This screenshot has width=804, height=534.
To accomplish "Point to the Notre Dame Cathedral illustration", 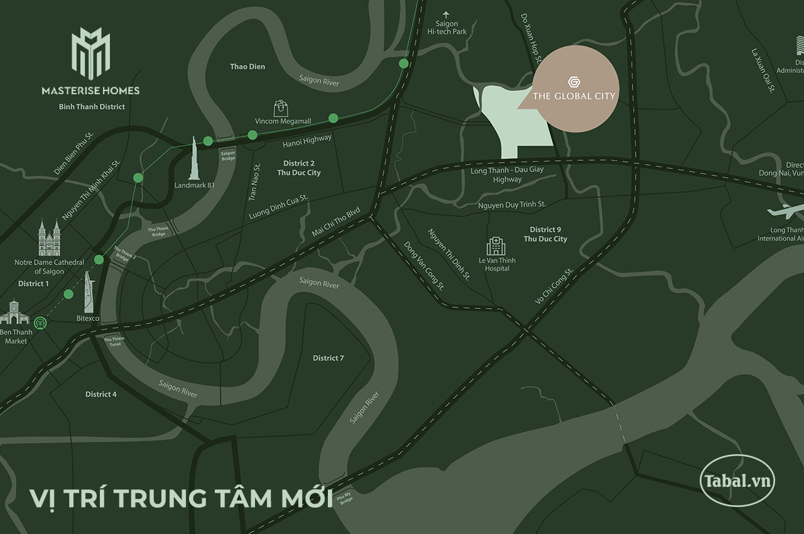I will (x=50, y=238).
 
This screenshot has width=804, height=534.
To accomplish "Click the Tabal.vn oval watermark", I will (x=737, y=481).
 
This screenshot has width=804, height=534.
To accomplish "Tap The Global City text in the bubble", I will (x=573, y=96).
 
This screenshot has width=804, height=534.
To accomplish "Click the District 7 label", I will (x=329, y=358).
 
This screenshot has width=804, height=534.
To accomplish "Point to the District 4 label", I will (x=101, y=394).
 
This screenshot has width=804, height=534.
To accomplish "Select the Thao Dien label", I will (x=247, y=67).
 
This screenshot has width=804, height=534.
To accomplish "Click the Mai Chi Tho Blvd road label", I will (x=336, y=222).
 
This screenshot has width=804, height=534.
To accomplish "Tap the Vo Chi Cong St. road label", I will (x=554, y=286).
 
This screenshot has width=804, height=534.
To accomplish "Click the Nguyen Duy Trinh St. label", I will (x=512, y=205).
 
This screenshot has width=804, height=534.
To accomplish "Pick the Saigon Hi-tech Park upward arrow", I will (x=447, y=14).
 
